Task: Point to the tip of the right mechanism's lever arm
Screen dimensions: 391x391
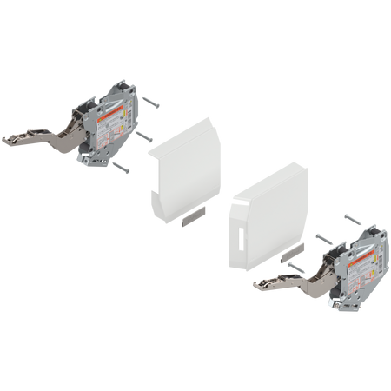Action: (254, 282)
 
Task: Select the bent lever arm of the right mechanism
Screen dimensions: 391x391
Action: (287, 279)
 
